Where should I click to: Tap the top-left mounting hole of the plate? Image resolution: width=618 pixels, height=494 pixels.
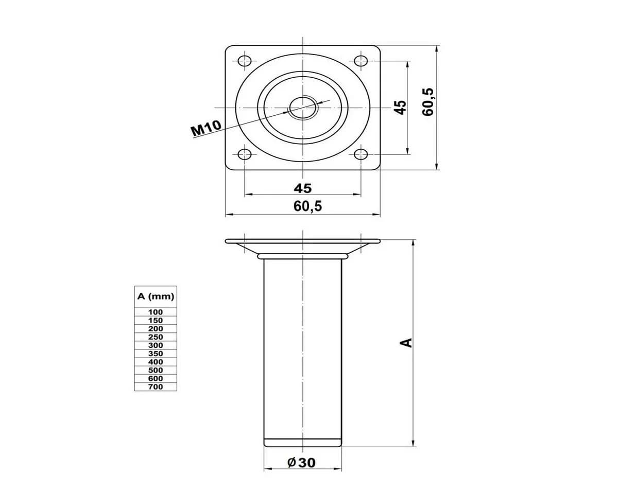pyautogui.click(x=245, y=61)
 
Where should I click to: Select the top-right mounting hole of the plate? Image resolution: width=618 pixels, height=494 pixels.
pyautogui.click(x=361, y=61)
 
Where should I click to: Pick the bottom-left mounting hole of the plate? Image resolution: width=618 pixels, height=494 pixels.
pyautogui.click(x=245, y=154)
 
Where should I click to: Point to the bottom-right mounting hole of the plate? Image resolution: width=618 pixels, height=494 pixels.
pyautogui.click(x=361, y=154)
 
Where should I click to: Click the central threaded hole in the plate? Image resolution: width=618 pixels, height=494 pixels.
pyautogui.click(x=303, y=108)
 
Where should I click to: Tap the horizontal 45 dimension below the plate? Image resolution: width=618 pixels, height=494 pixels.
pyautogui.click(x=303, y=188)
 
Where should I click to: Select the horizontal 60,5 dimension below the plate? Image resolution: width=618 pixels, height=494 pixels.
pyautogui.click(x=308, y=206)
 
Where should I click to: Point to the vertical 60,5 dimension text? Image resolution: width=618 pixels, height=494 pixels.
pyautogui.click(x=428, y=102)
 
